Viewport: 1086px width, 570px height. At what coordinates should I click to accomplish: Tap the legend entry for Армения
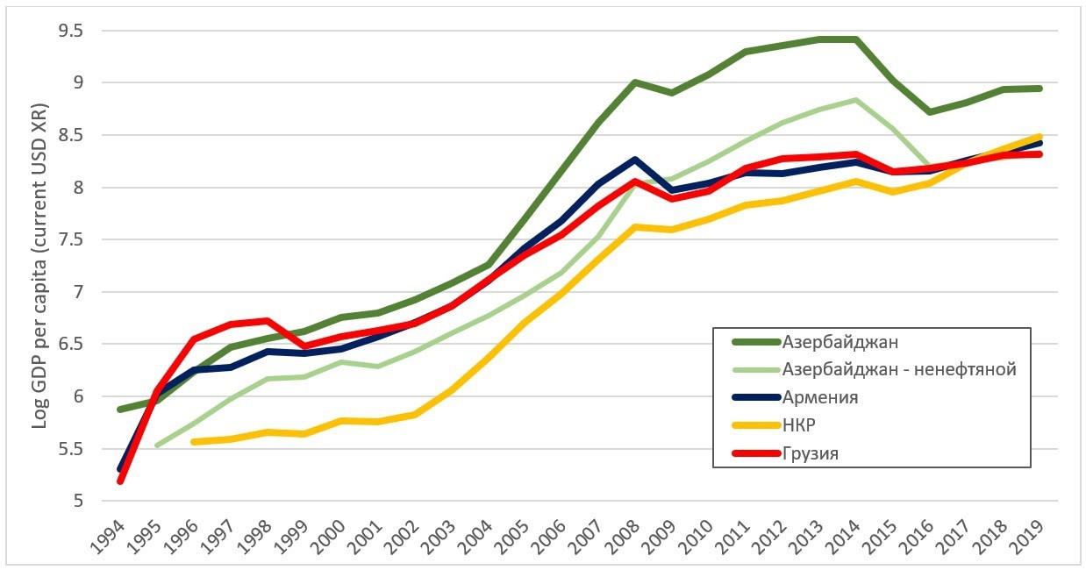click(819, 397)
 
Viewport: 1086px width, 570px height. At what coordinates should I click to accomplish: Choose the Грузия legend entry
click(811, 453)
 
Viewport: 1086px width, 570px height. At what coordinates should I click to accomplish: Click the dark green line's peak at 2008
click(633, 82)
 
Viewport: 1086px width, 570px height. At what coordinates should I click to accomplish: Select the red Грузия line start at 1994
click(119, 481)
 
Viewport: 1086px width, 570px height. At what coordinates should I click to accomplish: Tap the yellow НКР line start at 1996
click(193, 441)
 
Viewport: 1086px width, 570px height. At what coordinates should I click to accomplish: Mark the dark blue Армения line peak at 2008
click(633, 160)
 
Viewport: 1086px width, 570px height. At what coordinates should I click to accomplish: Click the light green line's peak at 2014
click(854, 100)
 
